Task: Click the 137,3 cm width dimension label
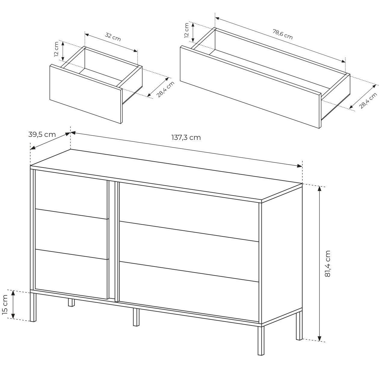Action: coord(186,137)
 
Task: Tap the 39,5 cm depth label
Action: coord(42,135)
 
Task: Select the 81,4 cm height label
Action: coord(328,264)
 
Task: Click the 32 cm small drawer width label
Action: coord(113,37)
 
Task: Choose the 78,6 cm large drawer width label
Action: coord(283,34)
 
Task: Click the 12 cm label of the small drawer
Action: coord(56,49)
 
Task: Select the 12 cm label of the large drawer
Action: coord(186,30)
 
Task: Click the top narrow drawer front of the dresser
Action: coord(71,194)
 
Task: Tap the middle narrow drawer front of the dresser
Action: coord(71,234)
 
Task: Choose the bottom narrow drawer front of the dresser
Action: coord(71,274)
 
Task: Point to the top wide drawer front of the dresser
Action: coord(189,212)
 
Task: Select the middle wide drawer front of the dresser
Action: coord(189,252)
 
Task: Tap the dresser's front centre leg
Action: coord(136,317)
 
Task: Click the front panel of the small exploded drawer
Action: coord(86,94)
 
